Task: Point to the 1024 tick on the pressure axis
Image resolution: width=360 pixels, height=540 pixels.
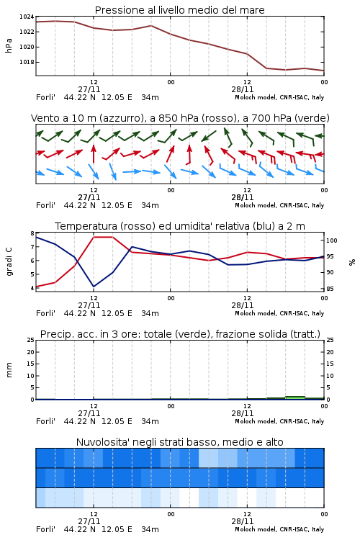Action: point(27,17)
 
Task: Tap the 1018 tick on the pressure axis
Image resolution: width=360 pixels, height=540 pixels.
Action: point(27,62)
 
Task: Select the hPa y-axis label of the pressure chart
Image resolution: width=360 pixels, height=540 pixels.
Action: point(9,45)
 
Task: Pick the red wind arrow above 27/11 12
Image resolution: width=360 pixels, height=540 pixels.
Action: point(94,153)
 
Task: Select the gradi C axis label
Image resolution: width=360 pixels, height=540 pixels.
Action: point(9,261)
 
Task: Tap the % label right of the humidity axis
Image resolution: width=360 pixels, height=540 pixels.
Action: point(352,262)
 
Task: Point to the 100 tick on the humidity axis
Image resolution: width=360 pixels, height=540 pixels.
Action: point(331,240)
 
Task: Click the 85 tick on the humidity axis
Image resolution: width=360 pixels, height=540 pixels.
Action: point(330,289)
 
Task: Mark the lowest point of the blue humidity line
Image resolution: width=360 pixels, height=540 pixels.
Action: point(94,287)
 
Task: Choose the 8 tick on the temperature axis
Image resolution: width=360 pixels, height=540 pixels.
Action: point(32,233)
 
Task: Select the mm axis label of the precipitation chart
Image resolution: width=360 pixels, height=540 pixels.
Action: point(9,370)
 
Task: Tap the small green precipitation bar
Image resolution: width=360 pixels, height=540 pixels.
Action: point(295,397)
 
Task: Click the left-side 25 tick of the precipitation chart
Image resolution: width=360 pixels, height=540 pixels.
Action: point(31,340)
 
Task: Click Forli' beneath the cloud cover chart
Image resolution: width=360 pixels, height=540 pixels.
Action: point(45,529)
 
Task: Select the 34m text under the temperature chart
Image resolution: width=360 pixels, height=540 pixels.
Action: point(150,313)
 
